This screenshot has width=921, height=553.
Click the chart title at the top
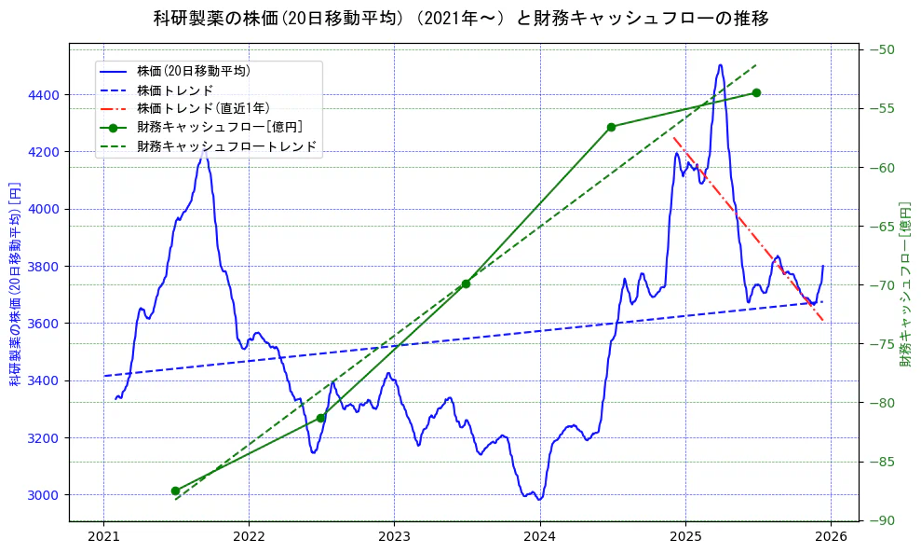460,19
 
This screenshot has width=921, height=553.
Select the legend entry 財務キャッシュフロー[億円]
219,127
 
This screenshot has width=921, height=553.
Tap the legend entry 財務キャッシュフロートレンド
226,146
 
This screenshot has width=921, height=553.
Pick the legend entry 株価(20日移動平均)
193,70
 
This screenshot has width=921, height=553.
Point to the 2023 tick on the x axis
394,536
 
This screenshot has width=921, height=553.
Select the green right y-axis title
905,284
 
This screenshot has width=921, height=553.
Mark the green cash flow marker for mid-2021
175,491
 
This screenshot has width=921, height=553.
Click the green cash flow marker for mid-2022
320,418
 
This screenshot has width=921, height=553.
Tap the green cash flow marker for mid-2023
466,284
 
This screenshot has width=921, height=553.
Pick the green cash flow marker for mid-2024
611,127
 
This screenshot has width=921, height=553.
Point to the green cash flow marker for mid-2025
756,92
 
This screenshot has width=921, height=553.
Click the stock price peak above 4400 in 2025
720,65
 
